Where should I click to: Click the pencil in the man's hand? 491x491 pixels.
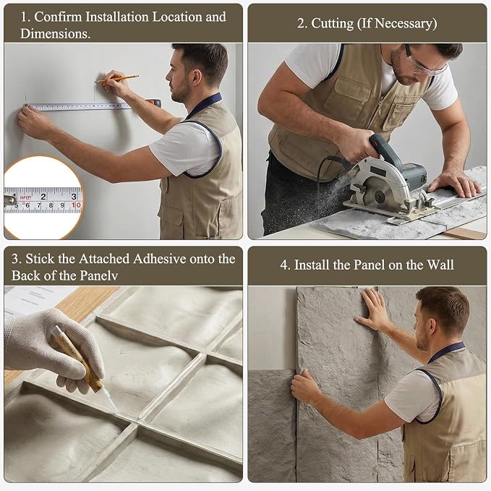pos(117,79)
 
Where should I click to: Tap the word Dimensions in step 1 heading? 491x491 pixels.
pos(55,33)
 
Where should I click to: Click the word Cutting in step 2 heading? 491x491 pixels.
pos(332,24)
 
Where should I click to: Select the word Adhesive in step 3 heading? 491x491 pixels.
pos(160,259)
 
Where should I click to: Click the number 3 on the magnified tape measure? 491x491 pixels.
pos(74,197)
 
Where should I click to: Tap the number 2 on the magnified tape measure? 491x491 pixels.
pos(43,197)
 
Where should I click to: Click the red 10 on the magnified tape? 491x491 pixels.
pos(76,205)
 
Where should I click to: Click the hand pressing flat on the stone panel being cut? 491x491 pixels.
pos(453,184)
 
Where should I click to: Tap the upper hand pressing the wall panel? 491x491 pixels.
pos(372,309)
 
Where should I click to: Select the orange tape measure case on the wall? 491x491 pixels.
pos(153,103)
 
